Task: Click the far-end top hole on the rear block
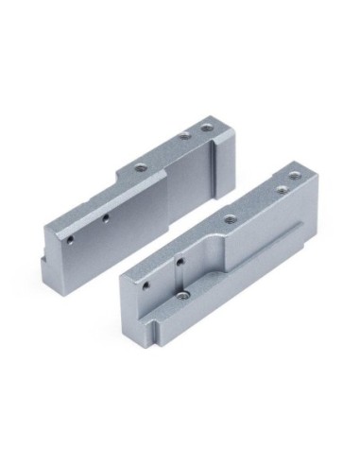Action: pos(208,123)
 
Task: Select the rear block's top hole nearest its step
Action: pos(140,167)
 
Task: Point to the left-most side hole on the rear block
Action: pos(69,240)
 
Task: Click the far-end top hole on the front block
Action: pos(293,175)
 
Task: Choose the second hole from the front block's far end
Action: pos(280,189)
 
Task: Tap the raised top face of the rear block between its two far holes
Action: pos(197,129)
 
